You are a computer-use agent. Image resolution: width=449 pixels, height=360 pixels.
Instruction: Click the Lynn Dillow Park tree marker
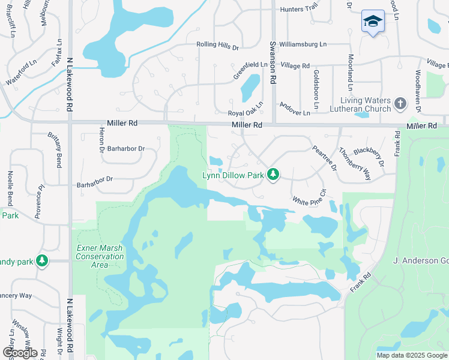[x=274, y=174]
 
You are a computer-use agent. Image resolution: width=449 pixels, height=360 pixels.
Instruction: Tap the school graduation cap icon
[x=373, y=21]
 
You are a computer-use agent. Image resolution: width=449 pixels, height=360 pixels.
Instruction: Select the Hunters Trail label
[x=299, y=9]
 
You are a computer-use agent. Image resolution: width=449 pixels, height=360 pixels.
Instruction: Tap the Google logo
[x=19, y=353]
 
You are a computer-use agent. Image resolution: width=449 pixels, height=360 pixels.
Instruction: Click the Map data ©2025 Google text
[x=411, y=355]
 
